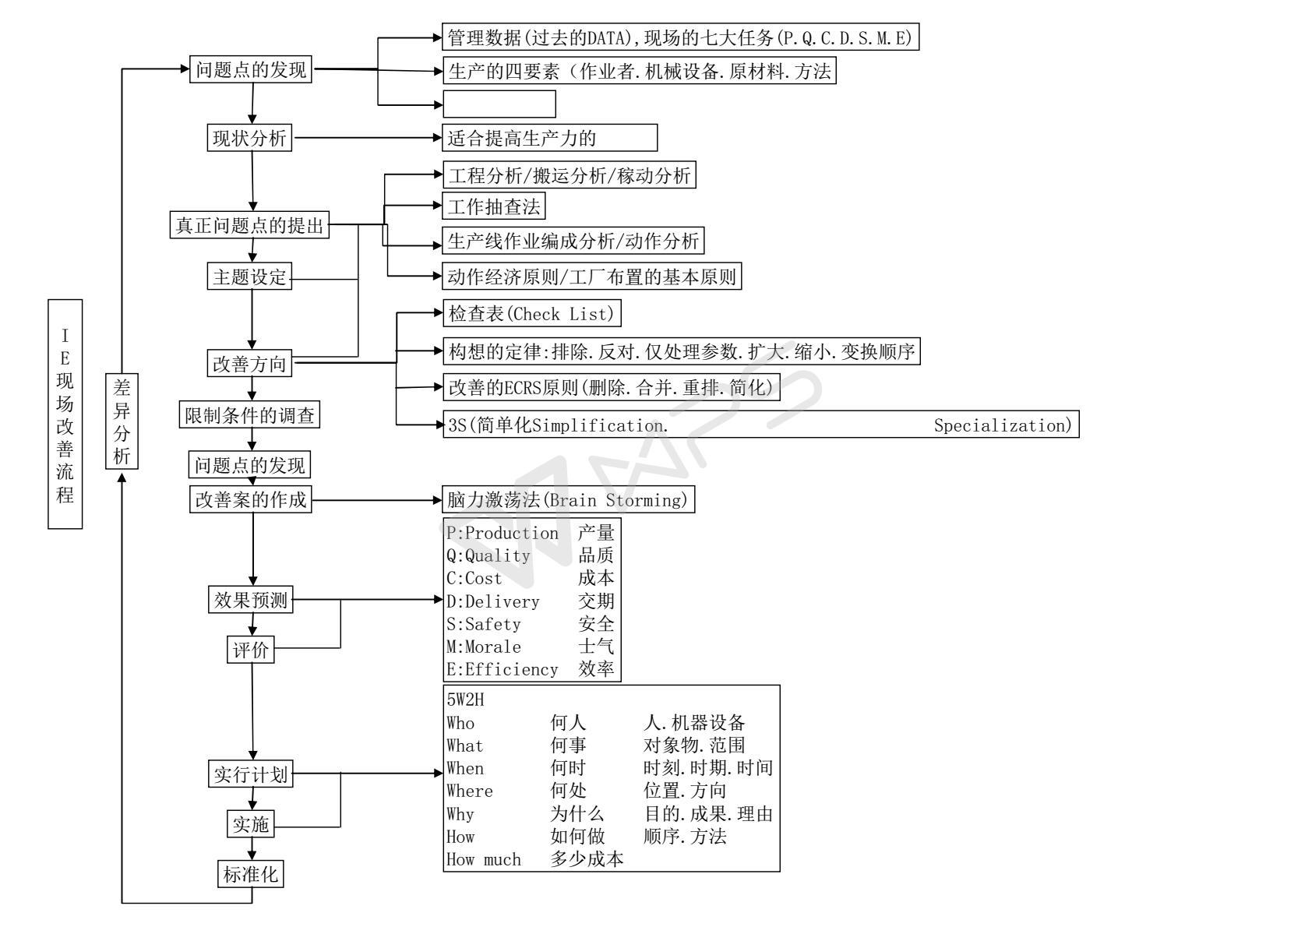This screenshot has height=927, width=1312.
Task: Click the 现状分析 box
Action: [250, 139]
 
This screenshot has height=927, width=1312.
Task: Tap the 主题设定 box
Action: [250, 277]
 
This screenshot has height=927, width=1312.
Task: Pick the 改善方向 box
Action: [250, 364]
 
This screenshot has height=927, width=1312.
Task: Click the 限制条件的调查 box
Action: [249, 415]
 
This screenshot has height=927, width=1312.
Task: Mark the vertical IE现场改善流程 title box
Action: [65, 414]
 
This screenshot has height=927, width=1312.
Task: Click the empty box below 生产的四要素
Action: [499, 104]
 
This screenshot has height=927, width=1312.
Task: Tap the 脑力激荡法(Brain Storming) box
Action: [568, 500]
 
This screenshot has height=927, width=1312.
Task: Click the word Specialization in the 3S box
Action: [1003, 425]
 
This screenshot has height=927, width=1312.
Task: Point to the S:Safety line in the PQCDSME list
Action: [484, 624]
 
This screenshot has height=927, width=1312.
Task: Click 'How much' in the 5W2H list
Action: [483, 859]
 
